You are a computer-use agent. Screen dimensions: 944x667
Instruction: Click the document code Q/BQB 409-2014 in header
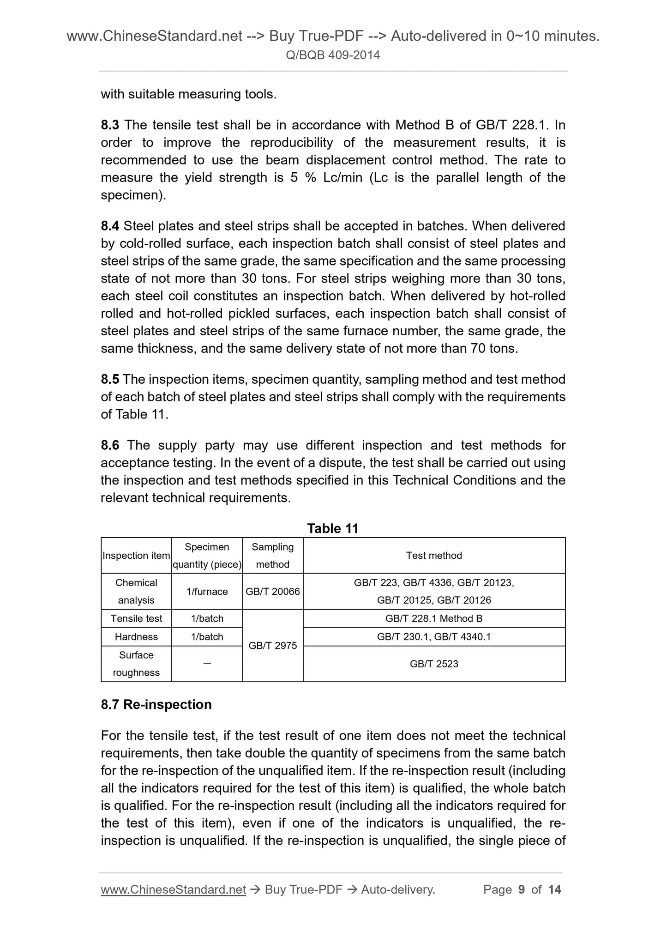(x=333, y=55)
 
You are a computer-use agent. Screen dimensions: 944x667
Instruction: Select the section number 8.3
(x=110, y=125)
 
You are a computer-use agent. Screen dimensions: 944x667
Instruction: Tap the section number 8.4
(x=110, y=226)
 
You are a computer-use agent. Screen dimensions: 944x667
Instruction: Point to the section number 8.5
(x=110, y=379)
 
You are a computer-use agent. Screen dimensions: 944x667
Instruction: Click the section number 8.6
(x=110, y=445)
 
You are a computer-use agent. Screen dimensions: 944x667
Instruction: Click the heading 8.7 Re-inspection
(x=156, y=704)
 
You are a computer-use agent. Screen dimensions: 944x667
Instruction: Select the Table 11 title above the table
(x=333, y=528)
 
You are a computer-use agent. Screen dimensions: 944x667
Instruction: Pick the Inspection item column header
(x=136, y=556)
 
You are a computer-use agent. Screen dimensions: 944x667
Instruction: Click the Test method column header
(x=434, y=556)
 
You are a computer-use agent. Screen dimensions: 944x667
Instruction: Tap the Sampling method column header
(x=272, y=556)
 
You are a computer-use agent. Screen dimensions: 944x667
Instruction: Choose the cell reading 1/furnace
(x=207, y=592)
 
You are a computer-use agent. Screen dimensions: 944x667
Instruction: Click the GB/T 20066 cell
(x=272, y=592)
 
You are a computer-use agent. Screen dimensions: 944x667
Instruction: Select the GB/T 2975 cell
(x=272, y=646)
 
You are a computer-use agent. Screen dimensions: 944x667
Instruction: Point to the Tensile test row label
(x=136, y=618)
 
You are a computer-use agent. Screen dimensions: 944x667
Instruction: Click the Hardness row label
(x=136, y=637)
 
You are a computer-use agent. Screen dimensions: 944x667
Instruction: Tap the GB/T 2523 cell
(x=434, y=664)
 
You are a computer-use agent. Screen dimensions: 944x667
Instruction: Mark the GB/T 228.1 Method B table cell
(x=434, y=618)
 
